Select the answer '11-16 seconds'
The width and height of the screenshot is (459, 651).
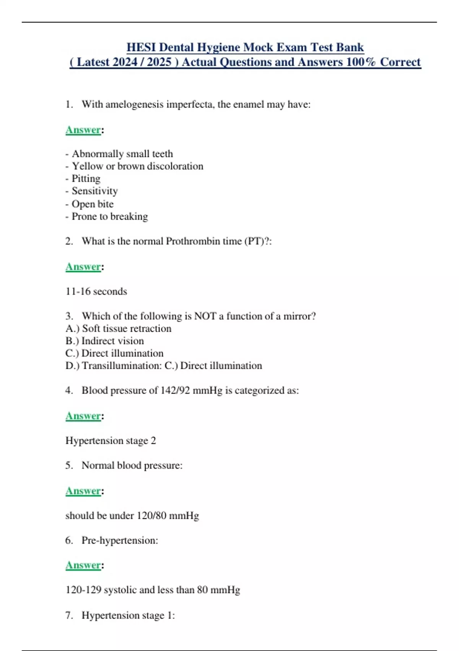[x=96, y=291]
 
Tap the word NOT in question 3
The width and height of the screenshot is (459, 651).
[x=205, y=316]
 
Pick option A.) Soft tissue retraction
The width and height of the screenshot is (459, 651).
[x=119, y=329]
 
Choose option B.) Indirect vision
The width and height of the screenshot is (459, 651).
[x=105, y=341]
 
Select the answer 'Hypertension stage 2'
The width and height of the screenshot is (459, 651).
[x=111, y=441]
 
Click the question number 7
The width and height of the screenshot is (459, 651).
[x=69, y=615]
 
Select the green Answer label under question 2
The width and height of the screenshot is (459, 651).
[x=83, y=267]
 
